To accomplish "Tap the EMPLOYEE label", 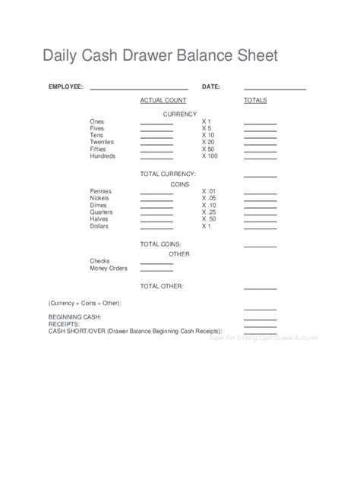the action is (x=66, y=86).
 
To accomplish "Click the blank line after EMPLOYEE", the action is (x=139, y=90).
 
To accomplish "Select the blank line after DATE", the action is (x=274, y=90).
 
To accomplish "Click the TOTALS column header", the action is (x=255, y=100).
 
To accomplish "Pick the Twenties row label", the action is (x=103, y=142).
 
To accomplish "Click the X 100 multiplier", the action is (x=210, y=156).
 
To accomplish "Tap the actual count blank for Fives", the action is (x=156, y=131).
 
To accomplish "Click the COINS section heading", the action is (x=179, y=184).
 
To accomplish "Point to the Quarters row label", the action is (x=103, y=212).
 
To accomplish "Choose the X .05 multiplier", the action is (x=209, y=198).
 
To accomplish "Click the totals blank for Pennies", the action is (x=260, y=193).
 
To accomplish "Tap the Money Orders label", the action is (x=109, y=268).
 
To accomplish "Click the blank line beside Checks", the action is (x=156, y=263).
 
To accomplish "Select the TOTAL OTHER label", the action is (x=162, y=286).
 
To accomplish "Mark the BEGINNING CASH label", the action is (x=74, y=316).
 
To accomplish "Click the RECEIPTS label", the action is (x=64, y=324).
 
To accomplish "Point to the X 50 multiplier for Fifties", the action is (x=208, y=149).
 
